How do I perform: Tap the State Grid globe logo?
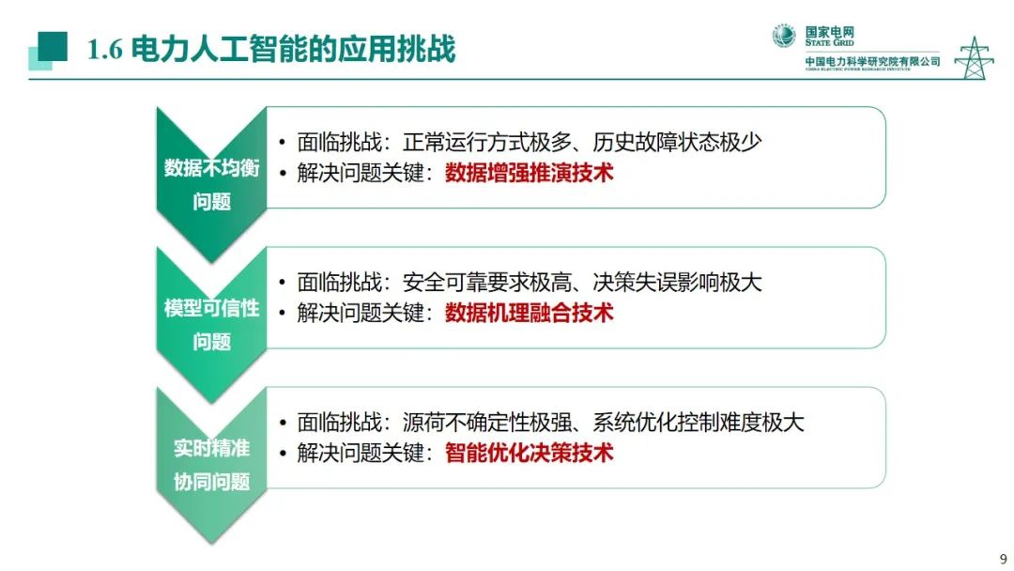click(x=784, y=36)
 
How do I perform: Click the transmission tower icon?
click(x=974, y=58)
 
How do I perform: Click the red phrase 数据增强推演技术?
click(x=529, y=173)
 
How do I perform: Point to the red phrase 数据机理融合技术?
click(x=529, y=313)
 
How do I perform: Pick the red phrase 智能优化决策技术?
click(x=529, y=453)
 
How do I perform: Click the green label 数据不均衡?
click(x=212, y=168)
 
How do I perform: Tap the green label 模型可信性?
click(x=212, y=308)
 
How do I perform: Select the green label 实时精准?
click(x=212, y=448)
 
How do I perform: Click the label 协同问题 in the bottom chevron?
click(x=212, y=483)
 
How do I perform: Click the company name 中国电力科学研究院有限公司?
click(x=872, y=61)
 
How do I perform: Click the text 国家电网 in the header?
click(x=830, y=31)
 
